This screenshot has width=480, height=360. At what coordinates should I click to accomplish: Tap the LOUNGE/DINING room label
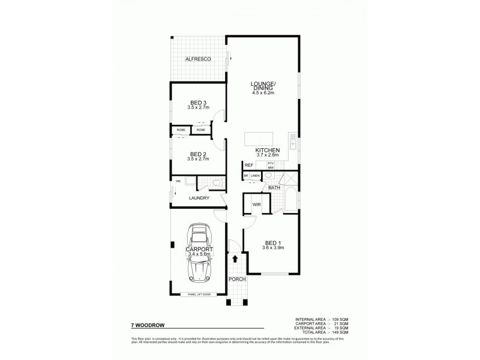pyautogui.click(x=263, y=86)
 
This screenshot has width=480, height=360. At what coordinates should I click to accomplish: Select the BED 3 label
pyautogui.click(x=197, y=103)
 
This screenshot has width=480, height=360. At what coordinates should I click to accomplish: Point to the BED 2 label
pyautogui.click(x=197, y=154)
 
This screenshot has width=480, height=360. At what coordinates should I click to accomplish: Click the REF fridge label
pyautogui.click(x=247, y=166)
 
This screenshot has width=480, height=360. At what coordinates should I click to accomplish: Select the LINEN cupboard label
pyautogui.click(x=256, y=176)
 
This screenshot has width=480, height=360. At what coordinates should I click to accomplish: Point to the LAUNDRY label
pyautogui.click(x=198, y=198)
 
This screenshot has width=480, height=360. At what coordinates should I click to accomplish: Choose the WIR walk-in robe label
pyautogui.click(x=256, y=205)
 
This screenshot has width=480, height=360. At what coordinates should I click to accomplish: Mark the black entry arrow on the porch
pyautogui.click(x=235, y=259)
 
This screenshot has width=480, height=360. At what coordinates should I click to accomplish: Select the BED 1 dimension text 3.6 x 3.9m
pyautogui.click(x=273, y=248)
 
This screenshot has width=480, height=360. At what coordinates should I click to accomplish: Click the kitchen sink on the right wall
pyautogui.click(x=292, y=143)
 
